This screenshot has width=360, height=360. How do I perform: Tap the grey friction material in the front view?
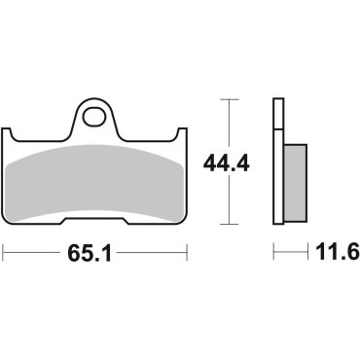[94, 180]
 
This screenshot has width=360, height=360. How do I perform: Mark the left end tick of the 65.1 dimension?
[4, 254]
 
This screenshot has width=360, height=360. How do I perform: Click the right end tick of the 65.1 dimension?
[186, 254]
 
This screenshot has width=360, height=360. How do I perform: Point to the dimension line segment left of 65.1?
[34, 254]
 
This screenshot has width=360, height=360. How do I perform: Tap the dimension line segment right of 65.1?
[156, 254]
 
